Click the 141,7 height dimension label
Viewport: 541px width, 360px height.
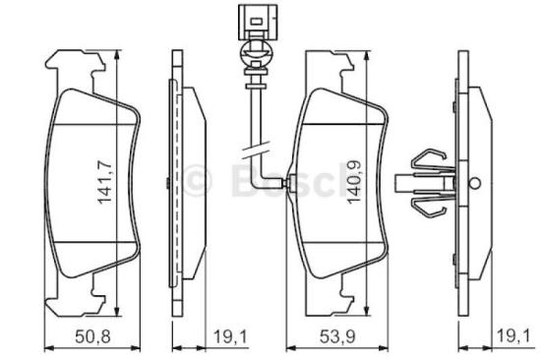coord(101,173)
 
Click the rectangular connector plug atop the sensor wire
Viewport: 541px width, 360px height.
coord(251,19)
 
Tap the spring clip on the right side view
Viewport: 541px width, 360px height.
coord(425,183)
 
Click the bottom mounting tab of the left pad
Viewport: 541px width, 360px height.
coord(79,291)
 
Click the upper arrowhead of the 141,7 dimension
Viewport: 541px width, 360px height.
coord(116,56)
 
